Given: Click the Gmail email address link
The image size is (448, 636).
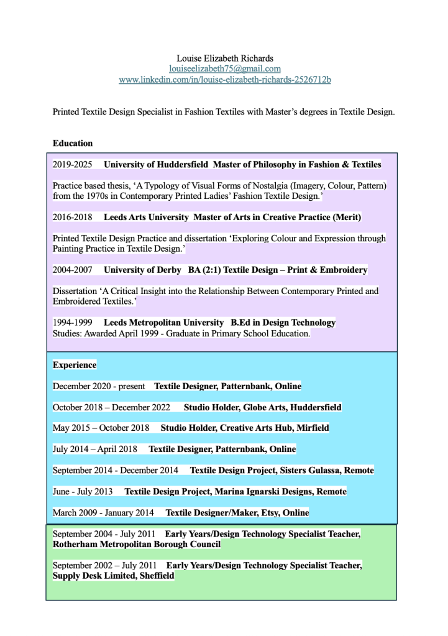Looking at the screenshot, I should click(x=224, y=68).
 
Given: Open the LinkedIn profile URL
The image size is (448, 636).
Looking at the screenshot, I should click(x=224, y=80).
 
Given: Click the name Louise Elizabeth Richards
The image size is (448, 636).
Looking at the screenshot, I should click(x=224, y=58).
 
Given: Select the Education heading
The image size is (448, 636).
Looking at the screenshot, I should click(x=73, y=143).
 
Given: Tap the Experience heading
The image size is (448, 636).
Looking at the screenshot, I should click(x=75, y=365).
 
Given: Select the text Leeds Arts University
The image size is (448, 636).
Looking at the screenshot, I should click(x=146, y=217).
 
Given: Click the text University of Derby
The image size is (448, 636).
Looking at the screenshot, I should click(x=142, y=270).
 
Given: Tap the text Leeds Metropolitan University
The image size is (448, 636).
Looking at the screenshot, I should click(x=163, y=323).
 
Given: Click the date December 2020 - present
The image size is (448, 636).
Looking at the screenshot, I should click(x=99, y=386).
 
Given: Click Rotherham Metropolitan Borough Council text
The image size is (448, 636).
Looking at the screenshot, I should click(x=137, y=544).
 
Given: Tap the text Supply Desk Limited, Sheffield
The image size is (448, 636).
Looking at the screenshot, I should click(x=114, y=576).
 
